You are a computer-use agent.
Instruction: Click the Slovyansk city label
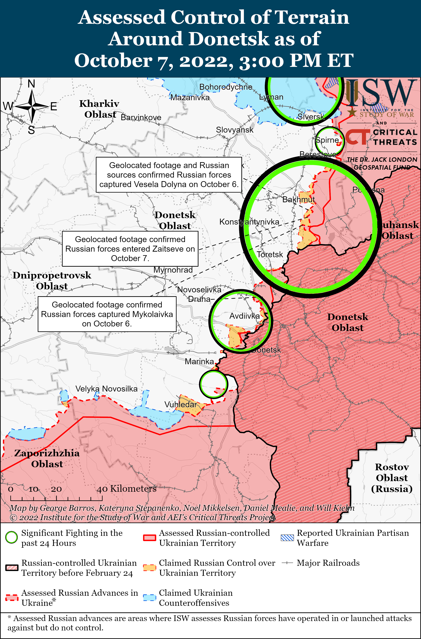(234, 130)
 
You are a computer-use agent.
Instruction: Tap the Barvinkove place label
(141, 118)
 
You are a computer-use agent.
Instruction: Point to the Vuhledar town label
(180, 405)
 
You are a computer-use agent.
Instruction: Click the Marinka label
(199, 362)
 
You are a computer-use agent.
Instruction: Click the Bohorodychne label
(226, 87)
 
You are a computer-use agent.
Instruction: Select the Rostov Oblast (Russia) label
(392, 478)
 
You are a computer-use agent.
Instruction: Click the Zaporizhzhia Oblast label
(47, 459)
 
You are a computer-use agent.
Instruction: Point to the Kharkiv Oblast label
(100, 109)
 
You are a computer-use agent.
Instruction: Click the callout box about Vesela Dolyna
(169, 175)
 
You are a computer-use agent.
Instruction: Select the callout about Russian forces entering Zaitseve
(130, 249)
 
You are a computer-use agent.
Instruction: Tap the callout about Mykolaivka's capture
(107, 314)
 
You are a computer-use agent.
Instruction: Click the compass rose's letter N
(31, 84)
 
